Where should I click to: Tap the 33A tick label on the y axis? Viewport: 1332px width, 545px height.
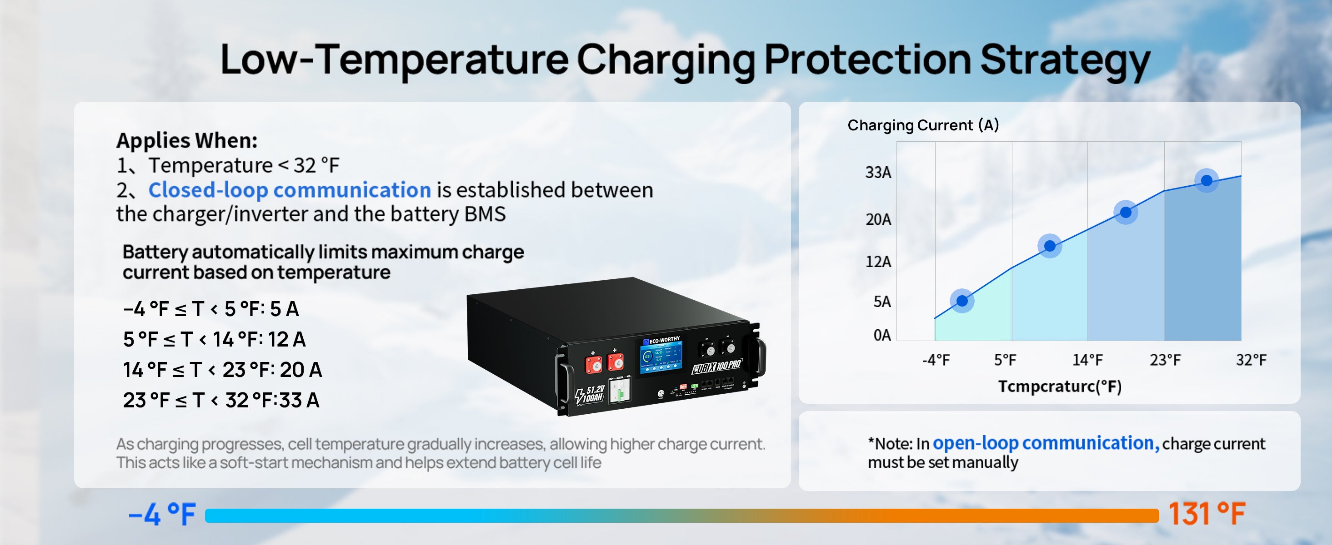[x=878, y=173]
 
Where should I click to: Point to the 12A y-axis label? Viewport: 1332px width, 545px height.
[x=878, y=262]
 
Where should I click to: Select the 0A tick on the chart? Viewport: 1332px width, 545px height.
[x=882, y=335]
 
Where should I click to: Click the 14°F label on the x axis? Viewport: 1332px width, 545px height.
[x=1087, y=360]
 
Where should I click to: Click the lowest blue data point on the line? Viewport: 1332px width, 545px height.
[x=962, y=301]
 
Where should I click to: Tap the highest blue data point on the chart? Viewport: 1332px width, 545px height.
[x=1207, y=180]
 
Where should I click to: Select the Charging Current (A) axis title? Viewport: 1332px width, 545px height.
[x=923, y=125]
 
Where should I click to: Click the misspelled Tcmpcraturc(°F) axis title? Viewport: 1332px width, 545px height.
[x=1060, y=386]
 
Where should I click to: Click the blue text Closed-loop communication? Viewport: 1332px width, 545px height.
[x=290, y=190]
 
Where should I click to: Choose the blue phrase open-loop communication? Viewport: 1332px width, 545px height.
[x=1046, y=443]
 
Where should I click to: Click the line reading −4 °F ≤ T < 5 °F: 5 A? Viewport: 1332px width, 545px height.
[x=211, y=309]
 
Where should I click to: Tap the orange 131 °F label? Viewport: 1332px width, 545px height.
[x=1207, y=514]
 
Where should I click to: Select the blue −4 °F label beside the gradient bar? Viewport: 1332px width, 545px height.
[x=162, y=515]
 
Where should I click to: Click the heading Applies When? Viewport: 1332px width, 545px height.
[x=187, y=140]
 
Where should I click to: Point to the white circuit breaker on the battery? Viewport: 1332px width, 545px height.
[x=619, y=390]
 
